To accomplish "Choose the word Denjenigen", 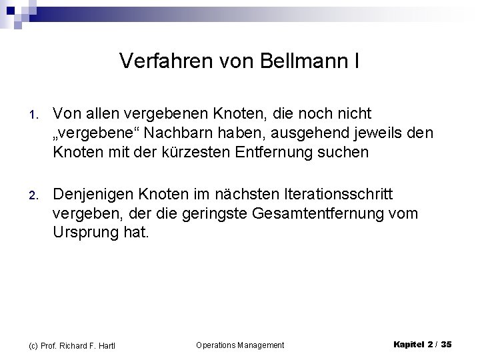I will point(95,194).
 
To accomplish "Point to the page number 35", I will point(447,344).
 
